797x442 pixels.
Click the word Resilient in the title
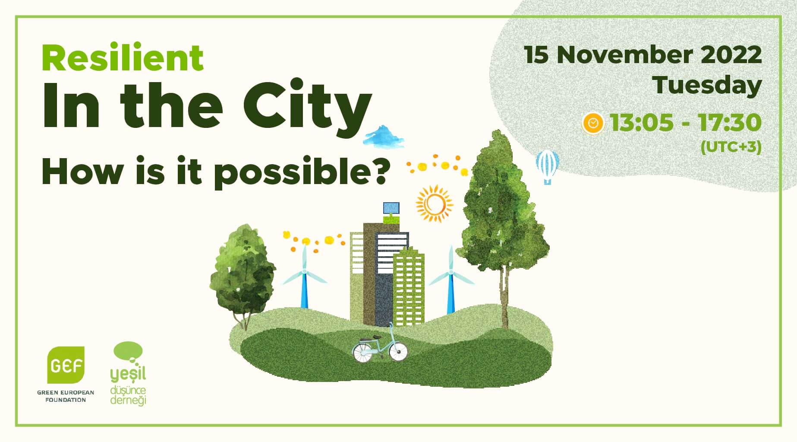(123, 58)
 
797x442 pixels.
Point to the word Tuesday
(707, 85)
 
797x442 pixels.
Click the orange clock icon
(593, 124)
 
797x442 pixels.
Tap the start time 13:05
(642, 123)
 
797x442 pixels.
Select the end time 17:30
(730, 123)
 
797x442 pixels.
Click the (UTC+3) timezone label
(731, 147)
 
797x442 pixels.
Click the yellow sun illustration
(434, 204)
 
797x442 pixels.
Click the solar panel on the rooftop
(391, 208)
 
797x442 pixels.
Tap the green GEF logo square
(66, 365)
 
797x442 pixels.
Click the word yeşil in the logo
(128, 375)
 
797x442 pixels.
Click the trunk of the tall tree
(504, 298)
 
